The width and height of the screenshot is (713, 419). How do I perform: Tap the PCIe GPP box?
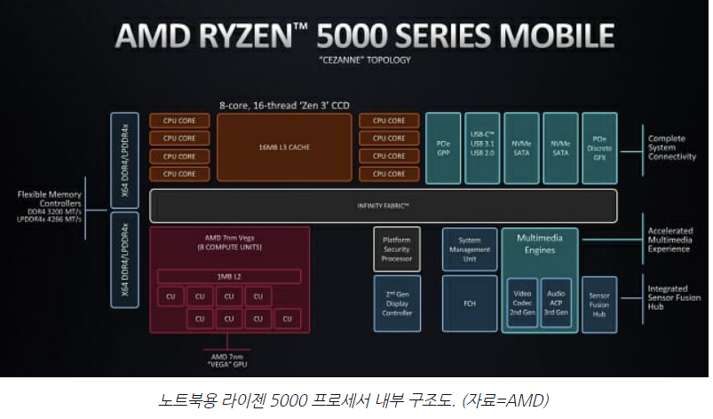click(x=444, y=146)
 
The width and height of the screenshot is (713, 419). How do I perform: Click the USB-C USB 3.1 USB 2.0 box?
click(x=482, y=146)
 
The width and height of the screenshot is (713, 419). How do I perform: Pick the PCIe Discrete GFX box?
click(x=599, y=146)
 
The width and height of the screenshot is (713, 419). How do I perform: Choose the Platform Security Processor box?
click(x=396, y=249)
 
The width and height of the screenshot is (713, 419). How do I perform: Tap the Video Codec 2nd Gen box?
click(x=521, y=303)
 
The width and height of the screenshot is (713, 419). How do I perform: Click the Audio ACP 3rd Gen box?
click(x=555, y=303)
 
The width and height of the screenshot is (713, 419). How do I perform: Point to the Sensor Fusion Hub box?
click(x=598, y=303)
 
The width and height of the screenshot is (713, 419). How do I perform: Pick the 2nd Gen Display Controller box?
click(x=396, y=303)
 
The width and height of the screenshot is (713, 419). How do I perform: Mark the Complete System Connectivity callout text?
click(x=672, y=147)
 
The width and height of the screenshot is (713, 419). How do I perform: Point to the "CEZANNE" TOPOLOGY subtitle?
click(x=366, y=59)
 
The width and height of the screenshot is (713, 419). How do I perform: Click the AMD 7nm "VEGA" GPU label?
click(x=228, y=359)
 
